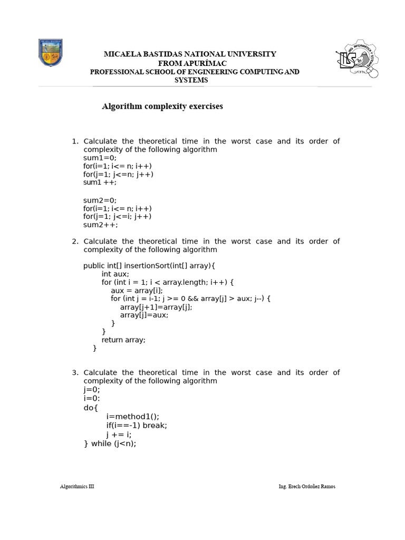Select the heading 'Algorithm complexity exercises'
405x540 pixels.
pos(162,107)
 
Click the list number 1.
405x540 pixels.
pos(74,141)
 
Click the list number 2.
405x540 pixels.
pos(74,242)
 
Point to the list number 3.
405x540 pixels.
pos(74,373)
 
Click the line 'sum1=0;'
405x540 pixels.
pos(100,158)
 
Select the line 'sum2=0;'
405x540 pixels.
pos(100,200)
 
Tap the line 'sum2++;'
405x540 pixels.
pos(100,225)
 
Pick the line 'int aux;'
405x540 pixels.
pos(115,274)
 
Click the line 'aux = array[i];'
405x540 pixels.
pos(137,290)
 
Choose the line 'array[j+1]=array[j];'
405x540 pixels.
pos(156,307)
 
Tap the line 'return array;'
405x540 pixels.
pos(123,340)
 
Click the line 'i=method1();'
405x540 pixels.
pos(132,416)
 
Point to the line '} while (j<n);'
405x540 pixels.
pos(110,443)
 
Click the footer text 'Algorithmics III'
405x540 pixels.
pos(77,486)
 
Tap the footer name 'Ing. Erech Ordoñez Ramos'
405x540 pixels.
pos(306,486)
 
